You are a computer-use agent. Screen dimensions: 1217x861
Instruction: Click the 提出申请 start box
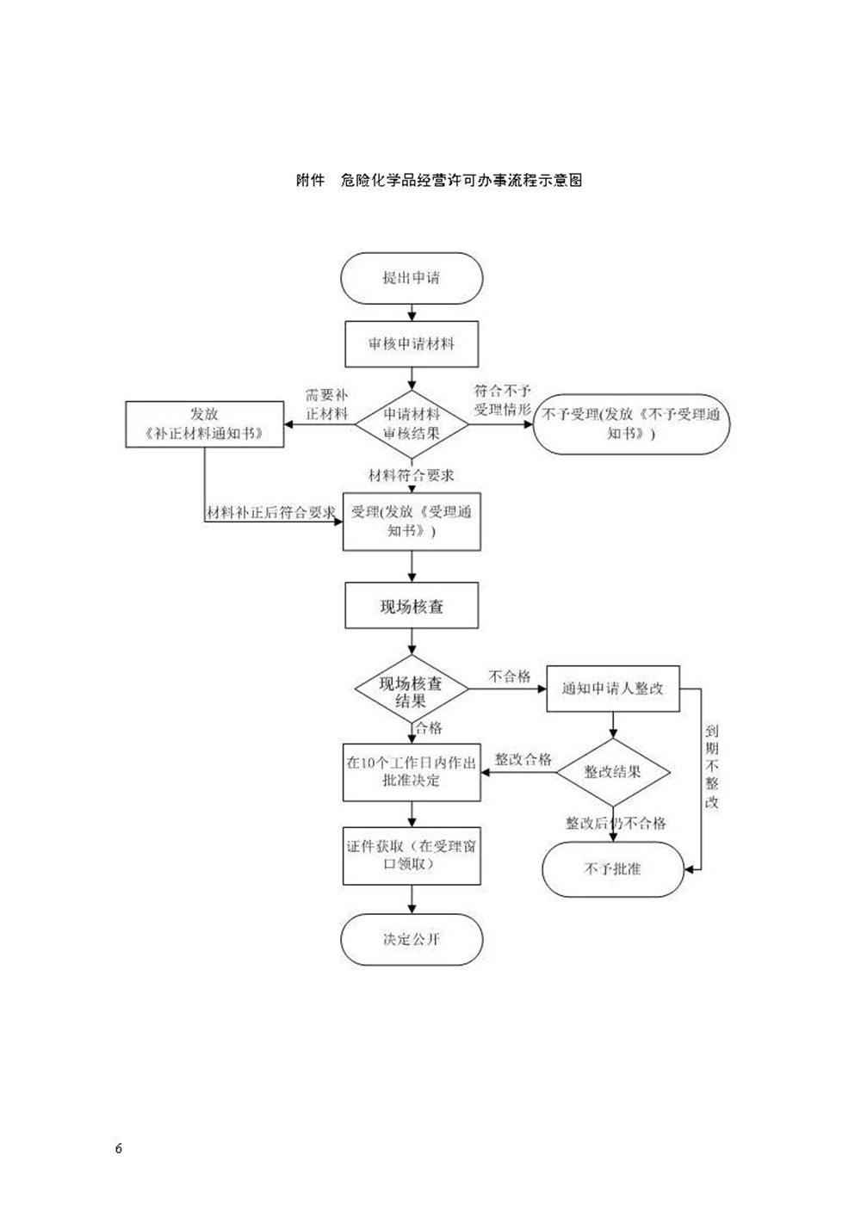coord(412,278)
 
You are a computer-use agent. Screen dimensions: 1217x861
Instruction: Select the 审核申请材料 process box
coord(412,344)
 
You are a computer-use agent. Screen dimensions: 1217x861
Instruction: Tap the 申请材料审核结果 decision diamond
coord(412,423)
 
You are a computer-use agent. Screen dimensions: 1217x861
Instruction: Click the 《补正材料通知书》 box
coord(204,424)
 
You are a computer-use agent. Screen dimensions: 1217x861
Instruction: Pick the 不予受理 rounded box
coord(631,423)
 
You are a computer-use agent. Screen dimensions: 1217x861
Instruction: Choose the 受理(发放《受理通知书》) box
coord(412,522)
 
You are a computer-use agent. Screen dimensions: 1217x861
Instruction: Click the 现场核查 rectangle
coord(412,607)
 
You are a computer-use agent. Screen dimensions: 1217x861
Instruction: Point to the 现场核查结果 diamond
coord(412,691)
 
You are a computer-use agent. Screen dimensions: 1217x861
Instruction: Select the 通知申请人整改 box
coord(613,689)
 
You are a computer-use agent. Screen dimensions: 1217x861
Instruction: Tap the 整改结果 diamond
coord(613,772)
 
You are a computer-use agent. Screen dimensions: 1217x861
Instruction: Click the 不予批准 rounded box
coord(613,869)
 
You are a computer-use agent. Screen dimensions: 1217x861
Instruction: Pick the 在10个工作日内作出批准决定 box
coord(412,771)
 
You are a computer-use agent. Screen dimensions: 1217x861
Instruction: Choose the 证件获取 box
coord(412,856)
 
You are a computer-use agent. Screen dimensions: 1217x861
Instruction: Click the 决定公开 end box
coord(412,939)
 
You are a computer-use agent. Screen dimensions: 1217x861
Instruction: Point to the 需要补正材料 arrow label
coord(327,405)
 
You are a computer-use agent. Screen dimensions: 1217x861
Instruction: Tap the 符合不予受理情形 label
coord(503,400)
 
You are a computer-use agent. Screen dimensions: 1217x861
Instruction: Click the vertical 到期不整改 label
coord(712,766)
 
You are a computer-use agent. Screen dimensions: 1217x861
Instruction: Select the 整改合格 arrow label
coord(523,759)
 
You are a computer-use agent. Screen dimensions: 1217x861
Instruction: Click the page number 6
coord(119,1149)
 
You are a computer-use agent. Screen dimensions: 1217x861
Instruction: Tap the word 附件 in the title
coord(310,181)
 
